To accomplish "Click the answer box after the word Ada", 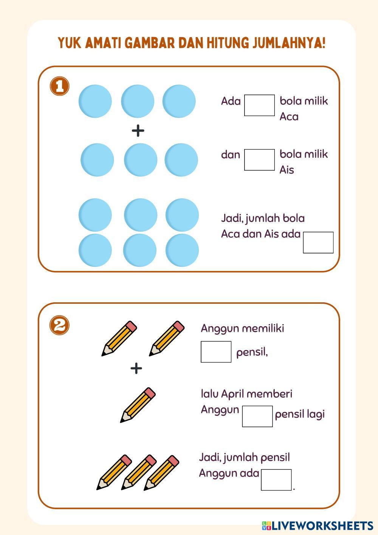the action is coord(259,105).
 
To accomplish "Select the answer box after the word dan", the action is coord(259,160).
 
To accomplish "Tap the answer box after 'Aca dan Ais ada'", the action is coord(318,243).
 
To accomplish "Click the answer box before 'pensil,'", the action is coord(216,352).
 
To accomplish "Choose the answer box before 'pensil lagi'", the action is coord(257,416).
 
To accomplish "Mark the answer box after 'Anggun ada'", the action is coord(276,480).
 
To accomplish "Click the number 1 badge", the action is coord(60,86).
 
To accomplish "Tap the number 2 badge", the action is coord(60,325).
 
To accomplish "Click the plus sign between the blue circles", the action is coord(138,131).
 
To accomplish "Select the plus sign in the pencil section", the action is coord(136,368).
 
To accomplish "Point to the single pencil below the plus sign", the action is coord(138,405).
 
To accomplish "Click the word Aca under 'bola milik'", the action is coord(289,117).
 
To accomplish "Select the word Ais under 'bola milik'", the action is coord(287,170).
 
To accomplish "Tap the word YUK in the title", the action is coord(70,43).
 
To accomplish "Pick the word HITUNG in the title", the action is coord(227,43).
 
